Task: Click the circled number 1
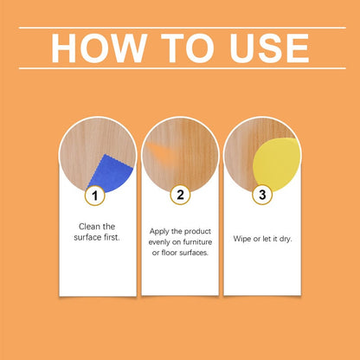coord(97,196)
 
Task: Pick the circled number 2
coord(180,196)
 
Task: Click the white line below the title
coord(180,68)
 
